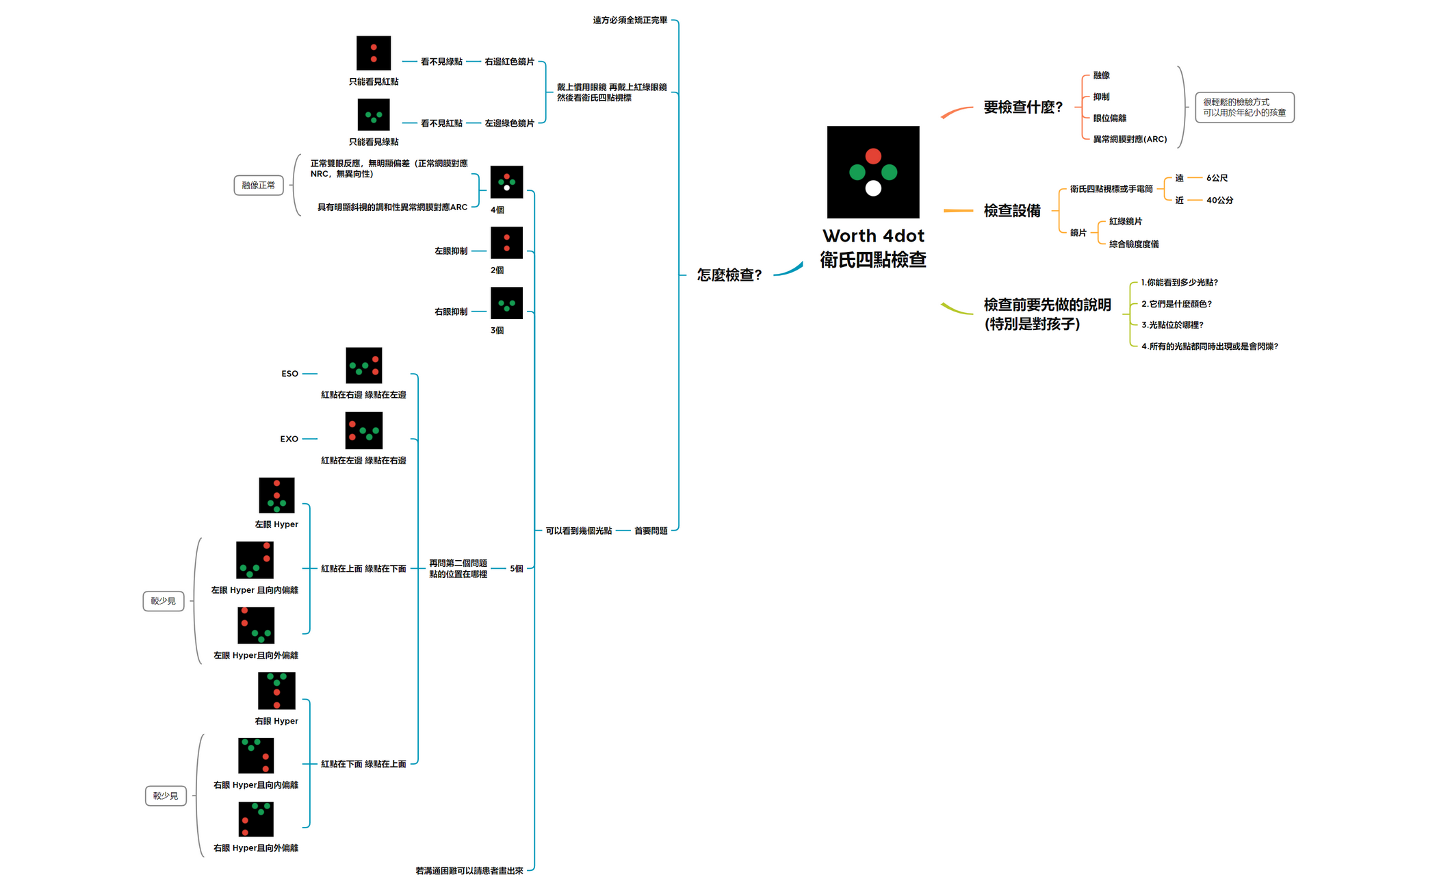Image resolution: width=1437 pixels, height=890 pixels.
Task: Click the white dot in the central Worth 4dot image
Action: pyautogui.click(x=873, y=188)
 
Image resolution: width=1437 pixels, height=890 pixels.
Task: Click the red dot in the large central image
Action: pyautogui.click(x=873, y=156)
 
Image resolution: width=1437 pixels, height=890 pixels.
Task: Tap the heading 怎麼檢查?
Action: pyautogui.click(x=729, y=275)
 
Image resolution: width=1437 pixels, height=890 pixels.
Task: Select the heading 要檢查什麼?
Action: pyautogui.click(x=1023, y=107)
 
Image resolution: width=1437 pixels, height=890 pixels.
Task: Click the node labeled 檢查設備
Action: pyautogui.click(x=1012, y=211)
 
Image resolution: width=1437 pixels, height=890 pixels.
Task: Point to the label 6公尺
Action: pyautogui.click(x=1217, y=178)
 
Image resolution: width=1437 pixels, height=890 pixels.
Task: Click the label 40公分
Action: pyautogui.click(x=1219, y=201)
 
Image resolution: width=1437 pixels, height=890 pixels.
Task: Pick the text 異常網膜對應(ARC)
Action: pyautogui.click(x=1130, y=140)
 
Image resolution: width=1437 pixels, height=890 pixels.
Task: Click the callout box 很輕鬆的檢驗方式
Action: pyautogui.click(x=1244, y=107)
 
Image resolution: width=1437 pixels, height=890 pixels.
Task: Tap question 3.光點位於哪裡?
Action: pyautogui.click(x=1171, y=325)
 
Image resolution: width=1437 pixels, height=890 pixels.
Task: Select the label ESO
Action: pyautogui.click(x=289, y=374)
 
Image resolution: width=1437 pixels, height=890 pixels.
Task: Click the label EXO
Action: pyautogui.click(x=289, y=439)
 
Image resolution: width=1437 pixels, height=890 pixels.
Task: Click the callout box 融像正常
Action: pyautogui.click(x=258, y=186)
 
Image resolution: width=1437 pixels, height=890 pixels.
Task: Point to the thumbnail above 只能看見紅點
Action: pyautogui.click(x=374, y=53)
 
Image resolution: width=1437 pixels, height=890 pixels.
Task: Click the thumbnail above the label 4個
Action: pyautogui.click(x=506, y=182)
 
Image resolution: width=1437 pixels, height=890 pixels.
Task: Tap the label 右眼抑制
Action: pyautogui.click(x=451, y=312)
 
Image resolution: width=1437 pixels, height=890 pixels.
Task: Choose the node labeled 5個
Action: pyautogui.click(x=517, y=569)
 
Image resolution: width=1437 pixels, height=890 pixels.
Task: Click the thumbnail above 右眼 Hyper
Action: pyautogui.click(x=276, y=691)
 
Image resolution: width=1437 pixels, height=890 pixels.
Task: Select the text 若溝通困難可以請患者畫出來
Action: pyautogui.click(x=469, y=871)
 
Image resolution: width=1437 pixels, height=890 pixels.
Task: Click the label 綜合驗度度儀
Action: pyautogui.click(x=1134, y=244)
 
